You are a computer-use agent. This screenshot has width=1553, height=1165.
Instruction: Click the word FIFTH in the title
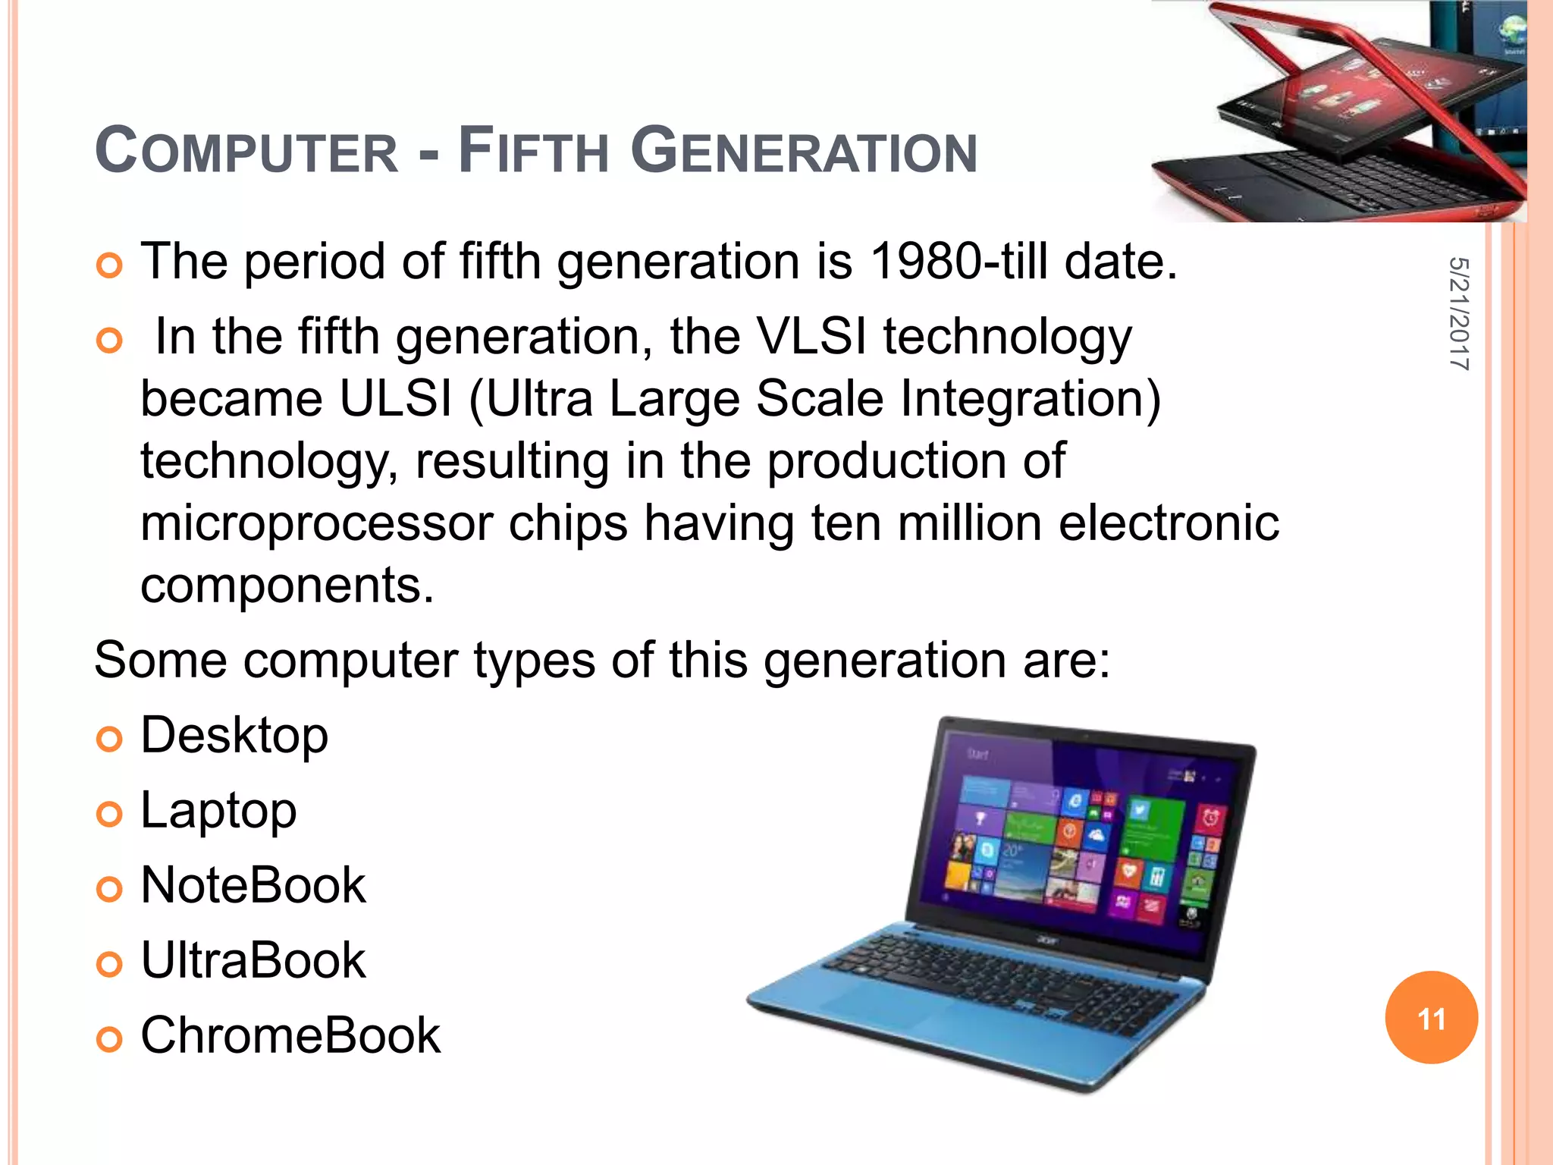[534, 151]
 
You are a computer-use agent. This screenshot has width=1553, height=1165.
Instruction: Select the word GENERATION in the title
[804, 151]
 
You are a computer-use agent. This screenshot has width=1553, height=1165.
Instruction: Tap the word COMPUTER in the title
[246, 151]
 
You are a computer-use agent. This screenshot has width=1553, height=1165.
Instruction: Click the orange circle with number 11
[1431, 1018]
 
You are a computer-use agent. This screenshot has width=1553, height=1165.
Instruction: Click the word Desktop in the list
[234, 736]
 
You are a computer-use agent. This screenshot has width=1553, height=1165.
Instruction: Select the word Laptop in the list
[218, 812]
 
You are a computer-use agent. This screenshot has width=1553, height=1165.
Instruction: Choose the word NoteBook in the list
[253, 885]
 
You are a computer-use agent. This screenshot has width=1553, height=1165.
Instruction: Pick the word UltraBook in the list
[253, 960]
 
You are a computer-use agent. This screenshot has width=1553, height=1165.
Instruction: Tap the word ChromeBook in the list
[290, 1035]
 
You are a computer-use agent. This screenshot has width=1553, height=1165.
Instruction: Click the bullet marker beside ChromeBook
[109, 1038]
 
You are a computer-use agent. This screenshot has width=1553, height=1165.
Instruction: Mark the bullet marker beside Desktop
[109, 739]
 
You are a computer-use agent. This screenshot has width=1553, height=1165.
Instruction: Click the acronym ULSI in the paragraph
[395, 399]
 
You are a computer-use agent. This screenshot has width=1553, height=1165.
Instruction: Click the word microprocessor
[316, 524]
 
